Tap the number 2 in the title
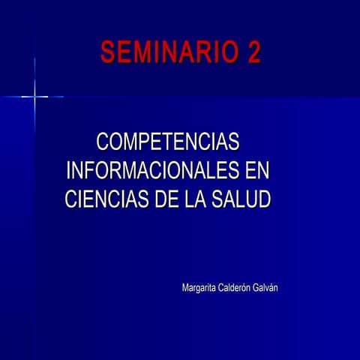[x=253, y=52]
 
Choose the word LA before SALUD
[x=199, y=199]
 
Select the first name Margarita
[x=200, y=289]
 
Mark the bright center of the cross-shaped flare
[x=34, y=96]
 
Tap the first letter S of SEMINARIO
[x=108, y=52]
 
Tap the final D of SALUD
[x=263, y=199]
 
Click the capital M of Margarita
[x=185, y=288]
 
